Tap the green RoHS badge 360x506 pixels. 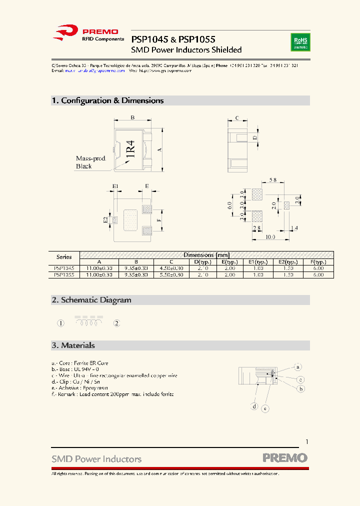click(300, 42)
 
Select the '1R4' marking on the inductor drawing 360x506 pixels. click(130, 149)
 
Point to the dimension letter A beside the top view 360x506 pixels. click(159, 149)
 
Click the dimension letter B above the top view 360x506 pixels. click(132, 118)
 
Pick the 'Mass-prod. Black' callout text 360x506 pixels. click(90, 162)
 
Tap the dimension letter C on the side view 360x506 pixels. click(237, 118)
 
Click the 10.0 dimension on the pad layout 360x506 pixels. click(270, 236)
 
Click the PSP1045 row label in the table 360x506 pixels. click(64, 268)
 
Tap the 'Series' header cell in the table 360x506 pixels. click(64, 257)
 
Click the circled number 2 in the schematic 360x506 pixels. click(116, 323)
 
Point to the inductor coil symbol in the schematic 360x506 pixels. click(89, 322)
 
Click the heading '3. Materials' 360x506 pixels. click(73, 345)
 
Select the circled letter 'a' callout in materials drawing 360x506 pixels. click(297, 366)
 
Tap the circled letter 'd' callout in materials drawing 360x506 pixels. click(254, 406)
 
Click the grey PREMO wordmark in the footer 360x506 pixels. click(285, 457)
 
